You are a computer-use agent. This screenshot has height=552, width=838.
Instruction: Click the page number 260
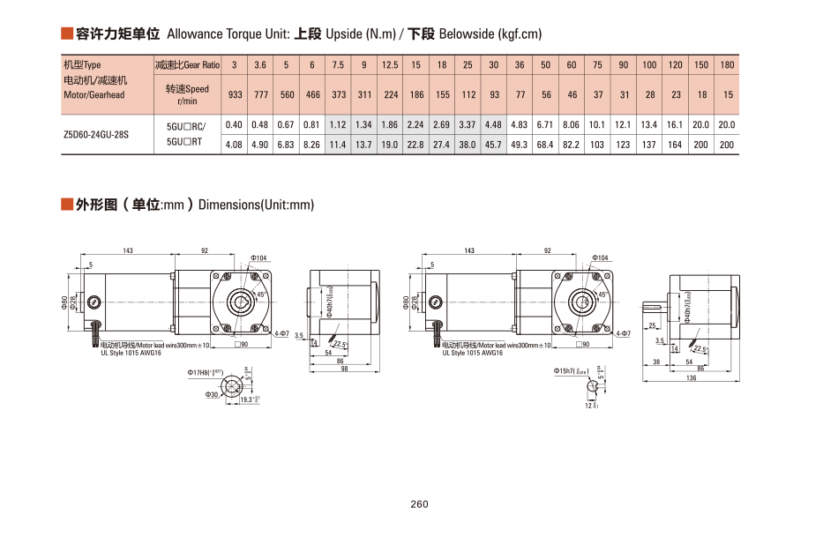pyautogui.click(x=419, y=504)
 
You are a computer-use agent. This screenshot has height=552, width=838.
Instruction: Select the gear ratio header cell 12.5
pyautogui.click(x=390, y=65)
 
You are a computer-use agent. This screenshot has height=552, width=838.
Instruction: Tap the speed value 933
pyautogui.click(x=235, y=94)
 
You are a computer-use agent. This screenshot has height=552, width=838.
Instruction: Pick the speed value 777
pyautogui.click(x=260, y=94)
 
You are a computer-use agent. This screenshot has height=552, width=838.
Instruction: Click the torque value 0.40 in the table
pyautogui.click(x=235, y=125)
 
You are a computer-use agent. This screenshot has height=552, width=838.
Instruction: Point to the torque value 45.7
pyautogui.click(x=494, y=145)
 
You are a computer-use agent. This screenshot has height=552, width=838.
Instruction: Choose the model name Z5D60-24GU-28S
pyautogui.click(x=96, y=136)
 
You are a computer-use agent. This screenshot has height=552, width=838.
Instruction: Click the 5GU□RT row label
pyautogui.click(x=185, y=141)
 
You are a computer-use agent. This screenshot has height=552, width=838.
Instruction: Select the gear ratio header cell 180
pyautogui.click(x=727, y=65)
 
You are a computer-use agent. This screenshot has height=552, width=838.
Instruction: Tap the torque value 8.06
pyautogui.click(x=572, y=125)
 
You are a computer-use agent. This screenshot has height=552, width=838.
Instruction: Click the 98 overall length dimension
pyautogui.click(x=344, y=369)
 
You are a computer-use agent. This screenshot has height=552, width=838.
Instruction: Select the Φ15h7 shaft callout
pyautogui.click(x=569, y=371)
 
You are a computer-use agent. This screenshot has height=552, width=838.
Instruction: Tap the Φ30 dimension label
pyautogui.click(x=212, y=395)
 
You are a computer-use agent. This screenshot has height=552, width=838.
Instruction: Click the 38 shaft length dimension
pyautogui.click(x=655, y=362)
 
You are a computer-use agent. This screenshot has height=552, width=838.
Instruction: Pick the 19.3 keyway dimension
pyautogui.click(x=250, y=399)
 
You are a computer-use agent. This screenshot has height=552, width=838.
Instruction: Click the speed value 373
pyautogui.click(x=339, y=94)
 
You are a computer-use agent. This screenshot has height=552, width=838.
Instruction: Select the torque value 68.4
pyautogui.click(x=545, y=145)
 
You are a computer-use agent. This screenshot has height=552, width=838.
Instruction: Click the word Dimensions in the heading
pyautogui.click(x=229, y=205)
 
